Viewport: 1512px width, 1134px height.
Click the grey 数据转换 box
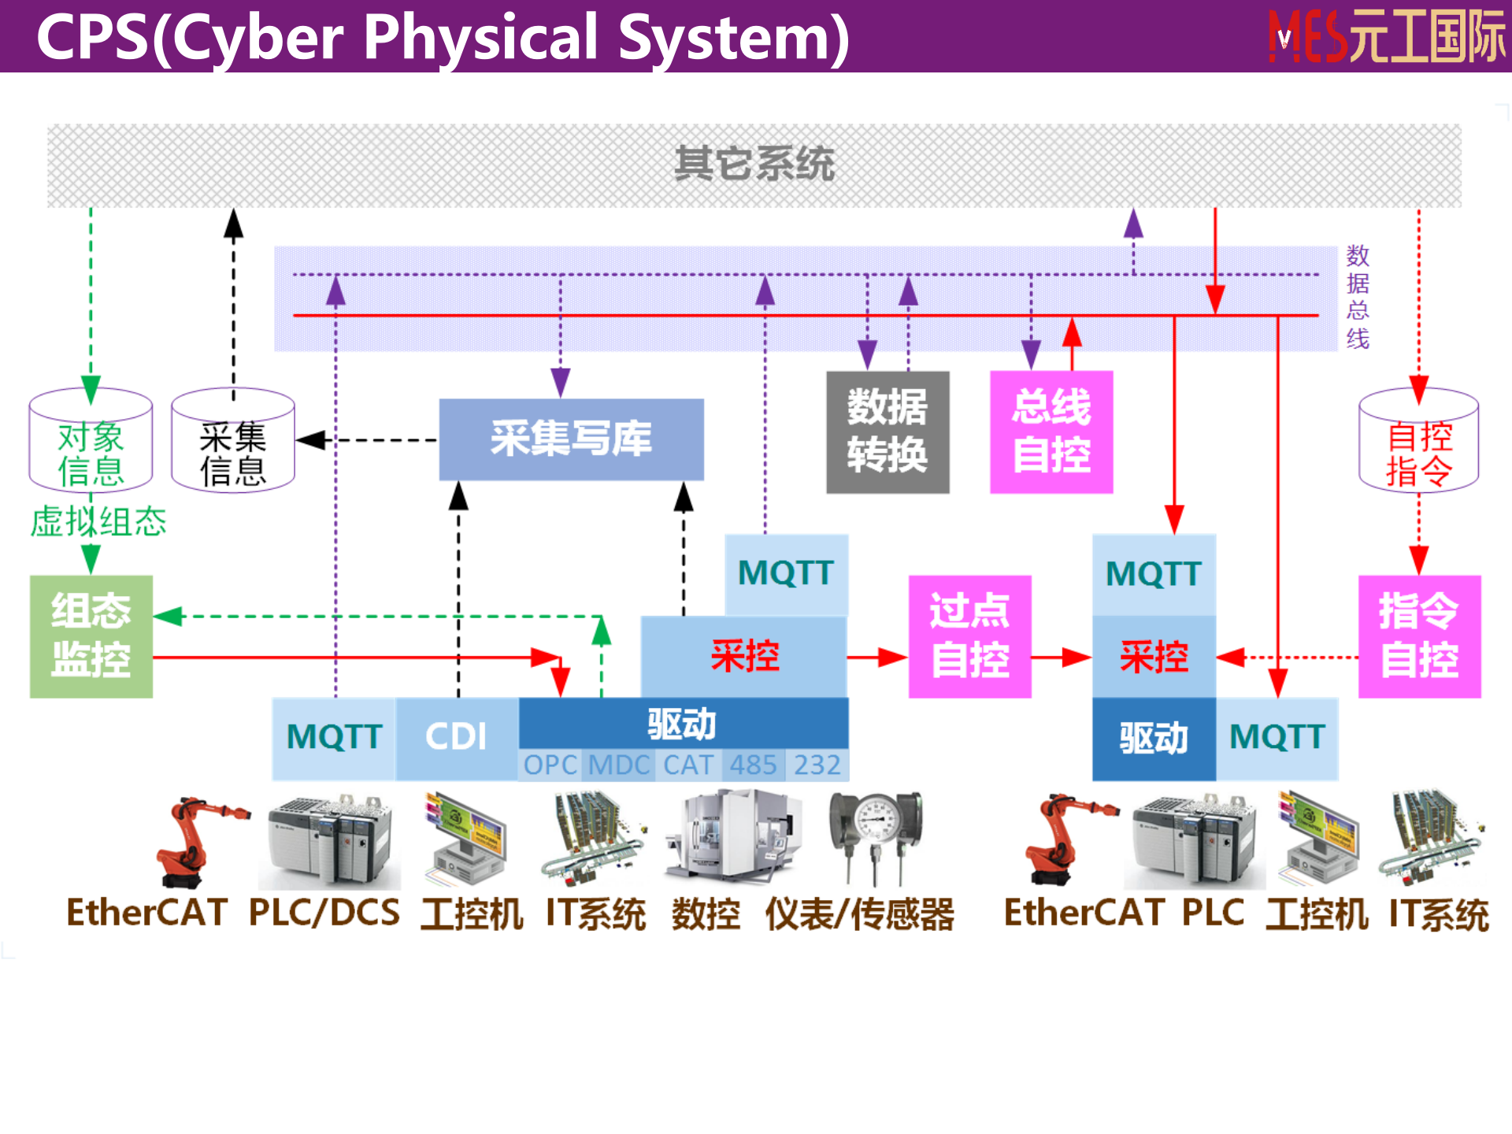coord(888,432)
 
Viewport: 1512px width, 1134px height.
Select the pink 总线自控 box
coord(1051,432)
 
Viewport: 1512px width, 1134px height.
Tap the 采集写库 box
coord(571,439)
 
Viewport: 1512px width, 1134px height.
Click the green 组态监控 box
coord(91,636)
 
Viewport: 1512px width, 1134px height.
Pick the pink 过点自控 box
coord(969,636)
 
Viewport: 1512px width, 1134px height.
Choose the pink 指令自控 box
coord(1419,636)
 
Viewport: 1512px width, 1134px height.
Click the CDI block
coord(457,738)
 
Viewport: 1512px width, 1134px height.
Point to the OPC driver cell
coord(550,765)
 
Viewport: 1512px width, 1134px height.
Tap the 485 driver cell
coord(753,765)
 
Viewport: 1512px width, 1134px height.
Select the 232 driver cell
coord(817,765)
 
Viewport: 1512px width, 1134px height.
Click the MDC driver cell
coord(619,765)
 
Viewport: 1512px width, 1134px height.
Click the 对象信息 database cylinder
coord(91,441)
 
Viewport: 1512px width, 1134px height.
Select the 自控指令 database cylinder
coord(1419,441)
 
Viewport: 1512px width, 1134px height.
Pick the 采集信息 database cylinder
coord(233,441)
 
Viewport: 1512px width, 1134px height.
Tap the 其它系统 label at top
coord(754,164)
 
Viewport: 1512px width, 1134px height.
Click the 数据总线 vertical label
coord(1358,297)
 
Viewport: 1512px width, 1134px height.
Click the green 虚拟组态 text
coord(98,522)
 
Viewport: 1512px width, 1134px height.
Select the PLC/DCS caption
coord(324,913)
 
